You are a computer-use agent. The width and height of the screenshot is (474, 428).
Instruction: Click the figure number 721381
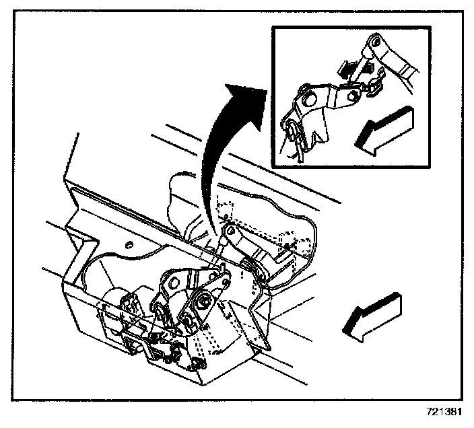[445, 409]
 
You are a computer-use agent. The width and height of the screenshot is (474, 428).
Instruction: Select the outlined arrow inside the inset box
[382, 131]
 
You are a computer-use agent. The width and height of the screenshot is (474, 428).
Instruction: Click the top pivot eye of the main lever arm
[230, 231]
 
